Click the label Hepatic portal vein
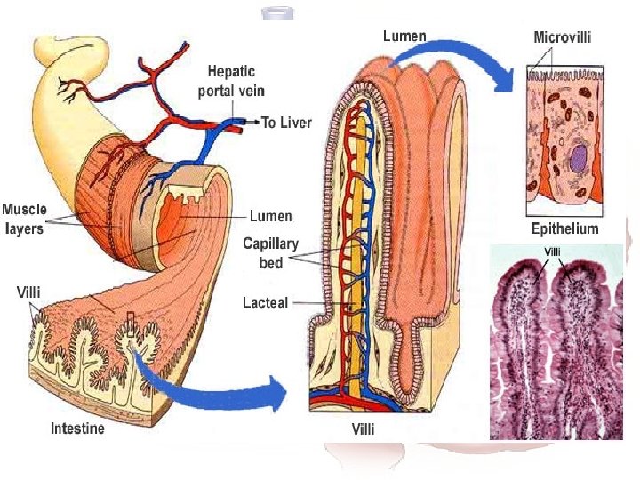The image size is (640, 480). [236, 80]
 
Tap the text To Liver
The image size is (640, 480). [286, 123]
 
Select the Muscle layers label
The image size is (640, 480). [24, 218]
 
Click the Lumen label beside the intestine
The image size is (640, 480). [271, 216]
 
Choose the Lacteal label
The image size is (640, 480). [265, 303]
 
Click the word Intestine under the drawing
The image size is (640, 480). [76, 429]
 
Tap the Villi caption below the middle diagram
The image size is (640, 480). [365, 430]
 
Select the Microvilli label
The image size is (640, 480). [563, 37]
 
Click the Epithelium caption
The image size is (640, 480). [564, 228]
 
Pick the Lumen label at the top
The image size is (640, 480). [404, 36]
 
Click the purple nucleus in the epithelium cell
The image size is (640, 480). [578, 161]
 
